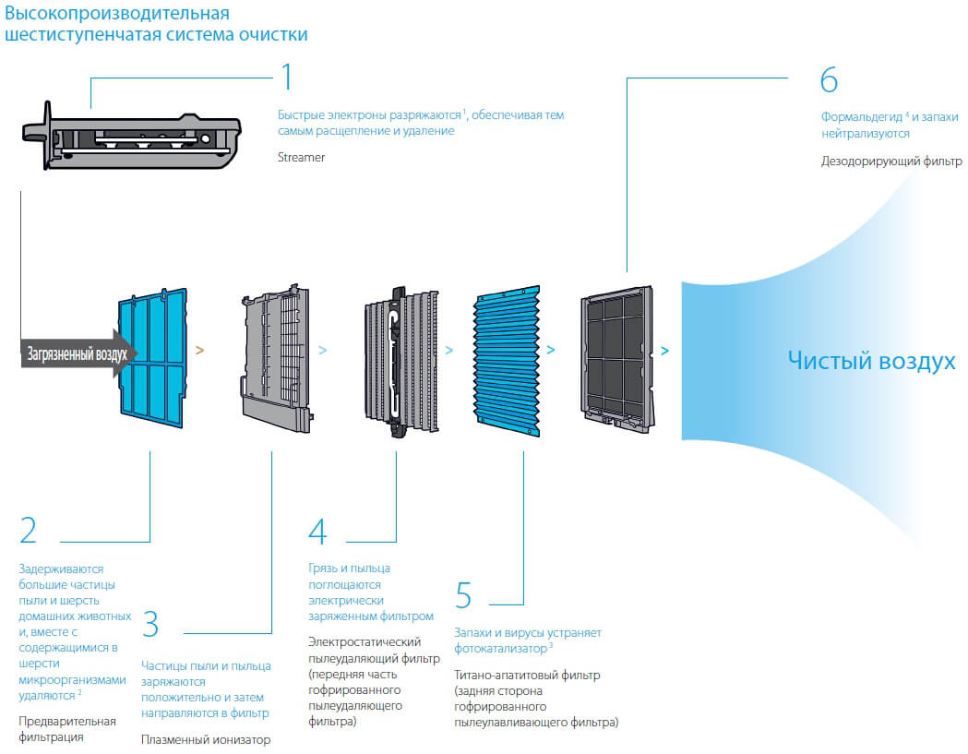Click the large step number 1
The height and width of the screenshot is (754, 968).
[x=287, y=77]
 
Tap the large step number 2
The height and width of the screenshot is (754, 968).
[x=29, y=530]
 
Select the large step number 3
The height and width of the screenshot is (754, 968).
[x=150, y=624]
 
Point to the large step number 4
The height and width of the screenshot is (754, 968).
[x=317, y=531]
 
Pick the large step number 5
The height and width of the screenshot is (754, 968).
[x=463, y=594]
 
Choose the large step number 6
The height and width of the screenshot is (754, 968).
[x=829, y=79]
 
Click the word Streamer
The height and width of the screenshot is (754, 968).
[x=301, y=158]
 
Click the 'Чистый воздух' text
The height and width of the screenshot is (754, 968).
[x=871, y=360]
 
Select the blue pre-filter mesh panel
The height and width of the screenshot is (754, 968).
[x=152, y=358]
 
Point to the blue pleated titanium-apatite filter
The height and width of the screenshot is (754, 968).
[x=508, y=361]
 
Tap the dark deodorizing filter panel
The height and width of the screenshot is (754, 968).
[x=616, y=359]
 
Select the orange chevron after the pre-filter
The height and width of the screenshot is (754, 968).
[x=199, y=350]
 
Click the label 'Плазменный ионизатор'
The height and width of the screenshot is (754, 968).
[x=206, y=739]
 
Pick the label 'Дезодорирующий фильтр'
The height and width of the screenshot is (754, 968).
[x=891, y=162]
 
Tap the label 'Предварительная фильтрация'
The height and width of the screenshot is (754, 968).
[x=67, y=729]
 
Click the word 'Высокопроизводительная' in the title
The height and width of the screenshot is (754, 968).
[x=117, y=14]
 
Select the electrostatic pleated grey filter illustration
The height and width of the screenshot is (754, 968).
[x=401, y=362]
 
